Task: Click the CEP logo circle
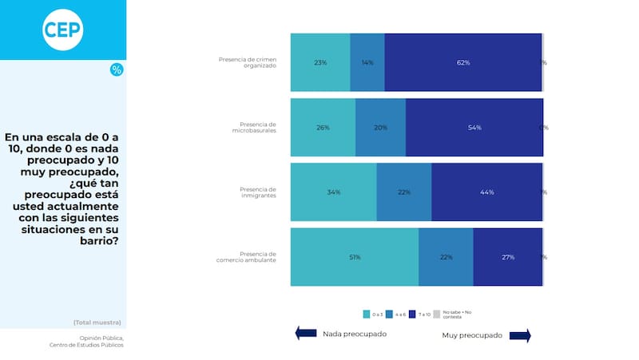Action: [63, 30]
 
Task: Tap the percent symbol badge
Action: [117, 70]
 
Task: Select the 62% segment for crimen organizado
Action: [462, 62]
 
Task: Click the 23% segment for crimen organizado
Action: [320, 62]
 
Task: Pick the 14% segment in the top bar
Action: [367, 62]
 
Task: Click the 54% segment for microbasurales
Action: [474, 128]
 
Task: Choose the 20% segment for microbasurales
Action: [380, 128]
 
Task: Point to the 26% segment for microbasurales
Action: [323, 128]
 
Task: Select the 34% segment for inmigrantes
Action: [333, 192]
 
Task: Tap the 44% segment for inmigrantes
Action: [486, 192]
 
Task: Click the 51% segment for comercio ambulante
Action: [354, 257]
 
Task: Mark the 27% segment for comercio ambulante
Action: [507, 257]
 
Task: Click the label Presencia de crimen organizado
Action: [248, 62]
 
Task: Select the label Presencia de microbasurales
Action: [257, 127]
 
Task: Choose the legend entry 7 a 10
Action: [420, 315]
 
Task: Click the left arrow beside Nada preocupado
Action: [306, 334]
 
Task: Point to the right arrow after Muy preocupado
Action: [520, 336]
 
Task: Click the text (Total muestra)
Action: [97, 322]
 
